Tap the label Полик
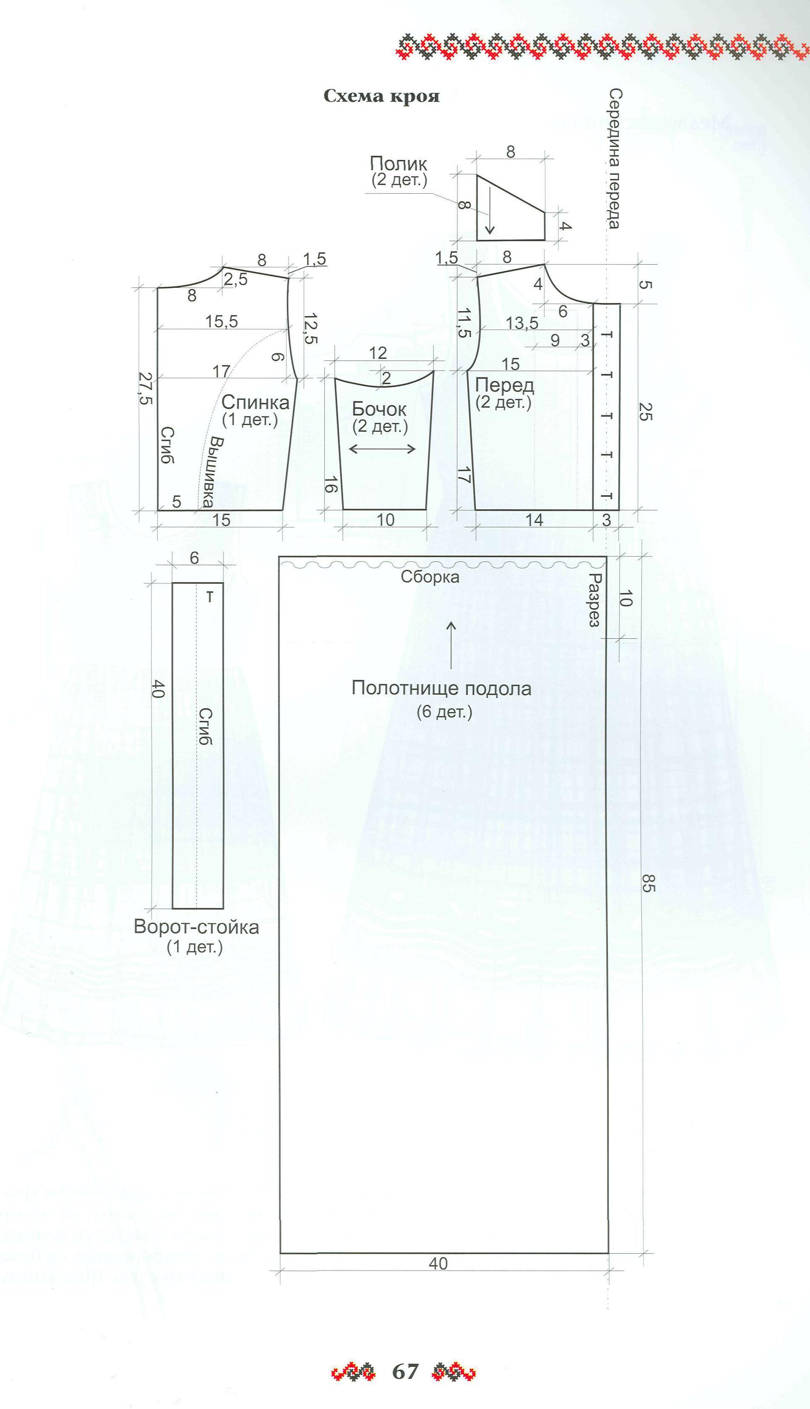pos(399,164)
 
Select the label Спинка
pos(255,402)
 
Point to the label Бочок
pos(379,409)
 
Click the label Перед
pos(505,385)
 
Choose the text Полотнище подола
pos(441,688)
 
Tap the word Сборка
pos(430,577)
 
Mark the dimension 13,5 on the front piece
pos(522,323)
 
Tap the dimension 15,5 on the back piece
pos(221,321)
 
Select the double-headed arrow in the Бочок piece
pos(382,449)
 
